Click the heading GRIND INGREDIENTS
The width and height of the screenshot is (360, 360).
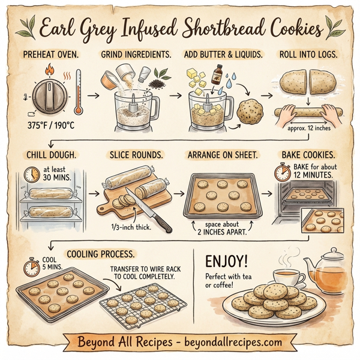click(x=135, y=55)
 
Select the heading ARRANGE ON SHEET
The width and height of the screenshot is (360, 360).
click(x=223, y=155)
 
